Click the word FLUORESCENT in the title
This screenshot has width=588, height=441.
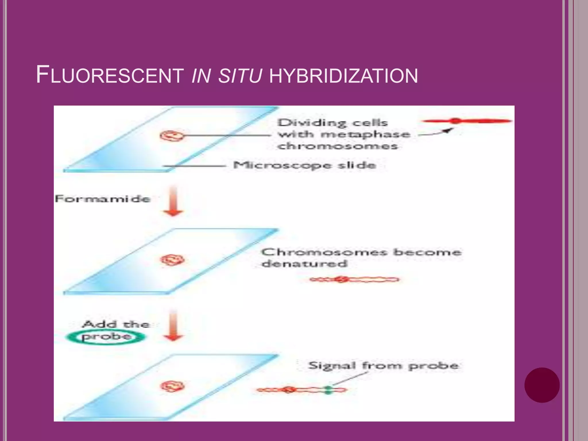click(110, 75)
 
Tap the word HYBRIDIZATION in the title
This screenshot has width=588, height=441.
click(343, 76)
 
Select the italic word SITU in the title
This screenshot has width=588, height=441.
click(240, 76)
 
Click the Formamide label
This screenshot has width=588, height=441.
click(102, 199)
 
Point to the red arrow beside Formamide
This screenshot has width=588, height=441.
click(173, 201)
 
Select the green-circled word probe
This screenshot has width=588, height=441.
click(106, 337)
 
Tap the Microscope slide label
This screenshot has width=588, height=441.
click(304, 165)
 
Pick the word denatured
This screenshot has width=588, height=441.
click(304, 264)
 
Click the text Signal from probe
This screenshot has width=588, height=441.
click(383, 365)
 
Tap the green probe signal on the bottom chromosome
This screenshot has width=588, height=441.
click(328, 390)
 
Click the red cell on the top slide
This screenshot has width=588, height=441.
click(171, 136)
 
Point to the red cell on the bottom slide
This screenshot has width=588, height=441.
click(172, 386)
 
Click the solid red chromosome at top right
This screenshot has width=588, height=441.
click(467, 121)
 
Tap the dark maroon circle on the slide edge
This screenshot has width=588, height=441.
click(542, 385)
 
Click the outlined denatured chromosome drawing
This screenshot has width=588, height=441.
click(355, 279)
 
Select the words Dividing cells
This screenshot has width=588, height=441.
click(332, 123)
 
